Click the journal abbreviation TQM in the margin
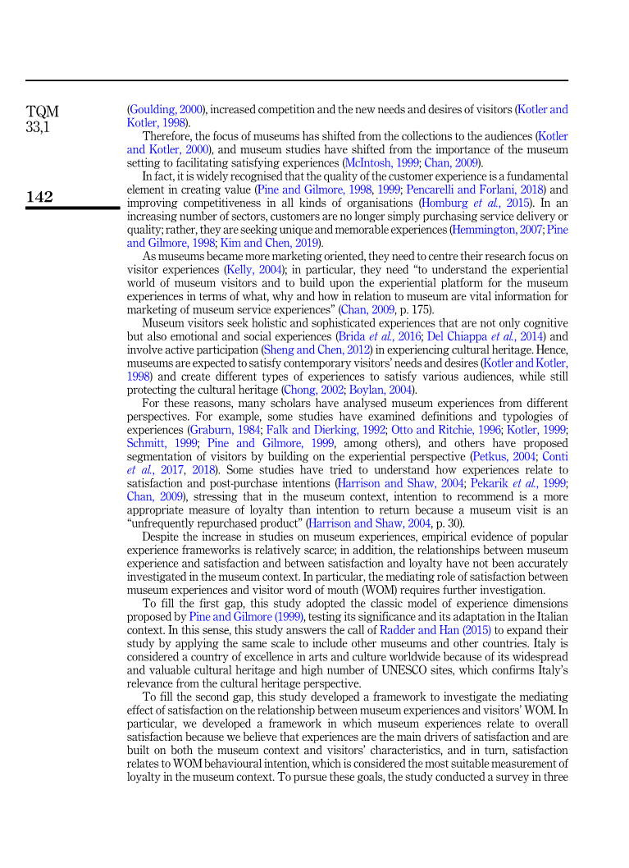coord(43,111)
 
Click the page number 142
coord(41,197)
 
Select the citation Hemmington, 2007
coord(497,230)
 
